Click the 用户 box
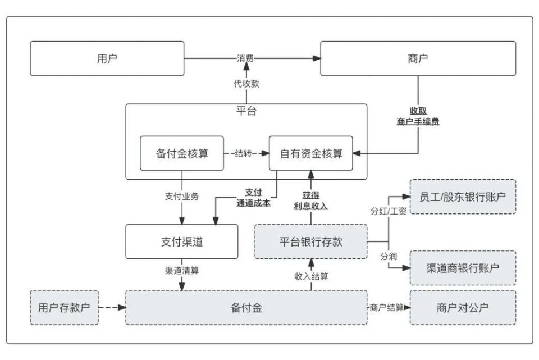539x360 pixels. [x=107, y=58]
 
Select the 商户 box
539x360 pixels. [x=418, y=58]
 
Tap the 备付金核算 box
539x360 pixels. [x=182, y=153]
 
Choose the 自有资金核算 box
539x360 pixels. [x=311, y=153]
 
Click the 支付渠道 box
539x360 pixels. [x=181, y=241]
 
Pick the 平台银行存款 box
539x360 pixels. [x=310, y=241]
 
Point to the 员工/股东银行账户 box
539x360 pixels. [x=463, y=197]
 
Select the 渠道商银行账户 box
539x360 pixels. [x=463, y=268]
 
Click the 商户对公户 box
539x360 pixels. [x=463, y=307]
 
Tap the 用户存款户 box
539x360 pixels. [x=64, y=307]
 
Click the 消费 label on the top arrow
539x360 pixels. [x=245, y=58]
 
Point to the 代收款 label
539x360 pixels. [x=246, y=84]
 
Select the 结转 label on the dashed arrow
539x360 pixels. [x=244, y=153]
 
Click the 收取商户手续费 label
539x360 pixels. [x=418, y=116]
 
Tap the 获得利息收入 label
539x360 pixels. [x=310, y=200]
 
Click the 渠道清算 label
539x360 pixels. [x=181, y=270]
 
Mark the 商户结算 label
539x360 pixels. [x=386, y=307]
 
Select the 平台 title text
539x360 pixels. [x=246, y=111]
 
